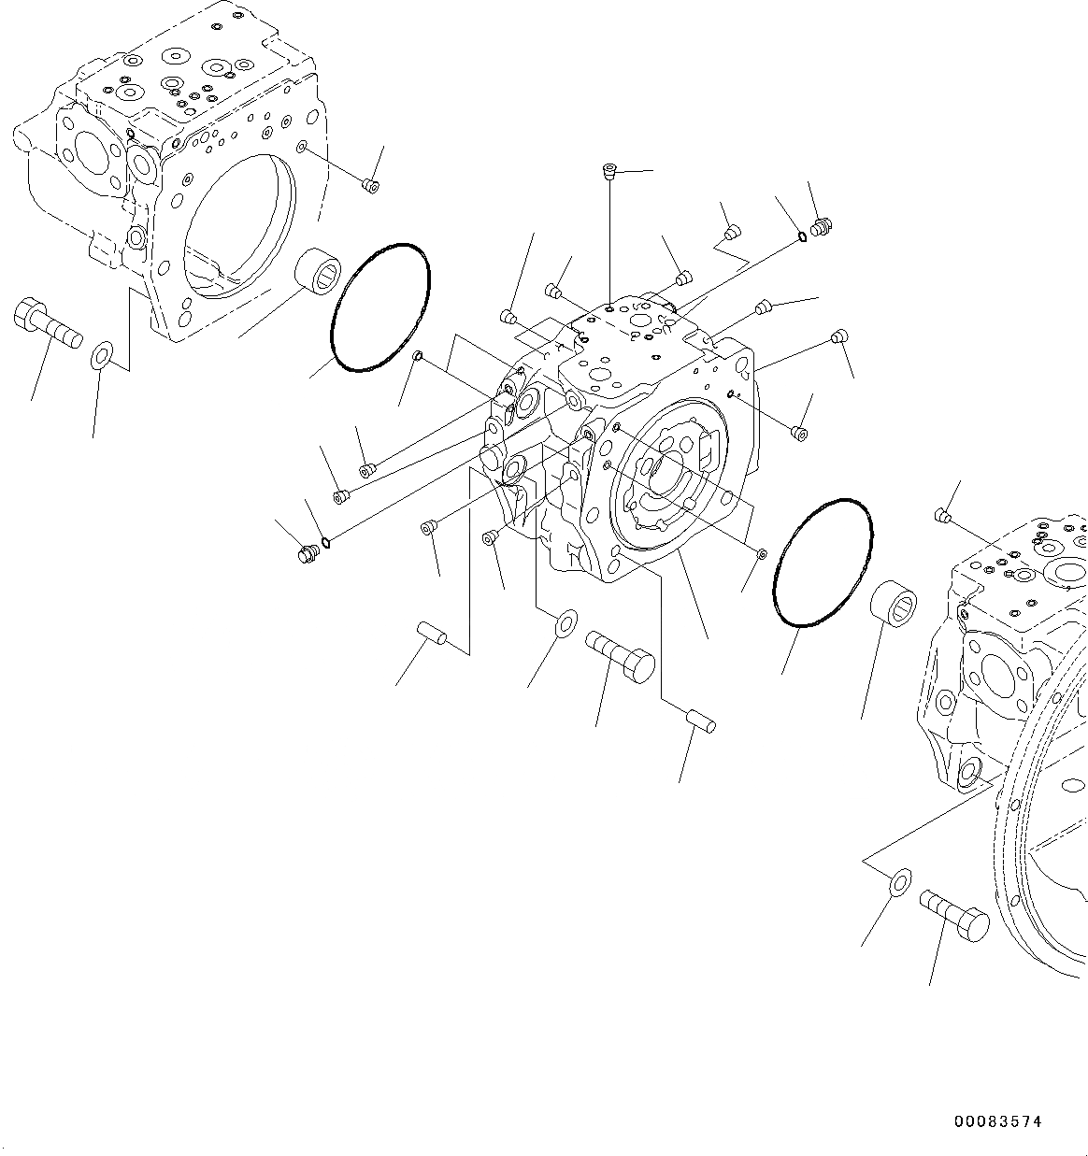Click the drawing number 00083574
click(997, 1121)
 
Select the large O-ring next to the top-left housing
click(380, 307)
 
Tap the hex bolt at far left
click(47, 325)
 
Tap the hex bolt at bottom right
click(953, 912)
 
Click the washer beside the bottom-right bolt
click(899, 881)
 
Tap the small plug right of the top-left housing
click(370, 185)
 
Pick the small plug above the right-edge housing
click(943, 515)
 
